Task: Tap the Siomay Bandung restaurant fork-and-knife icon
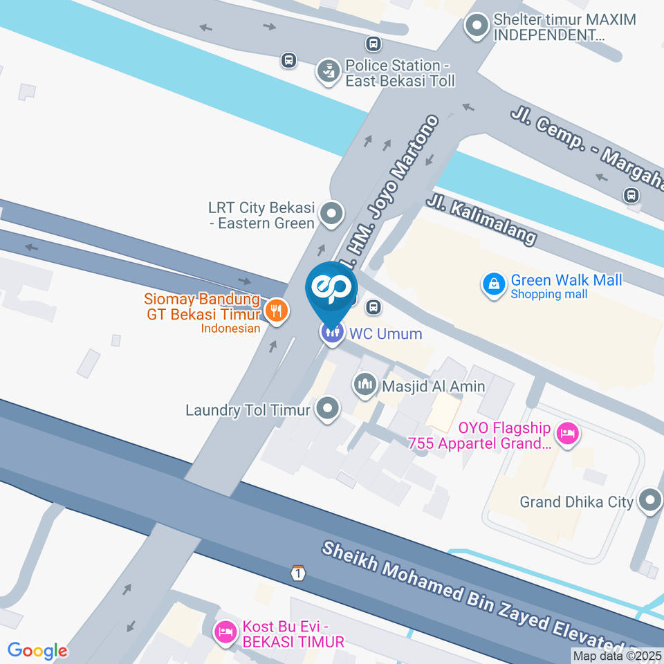[277, 311]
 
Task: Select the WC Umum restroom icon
[333, 333]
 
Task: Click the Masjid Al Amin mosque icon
[365, 385]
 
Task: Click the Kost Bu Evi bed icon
[225, 631]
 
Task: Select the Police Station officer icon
[326, 70]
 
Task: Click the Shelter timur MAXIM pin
[476, 27]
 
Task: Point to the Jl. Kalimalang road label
[481, 218]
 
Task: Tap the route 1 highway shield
[297, 573]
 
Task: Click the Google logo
[37, 650]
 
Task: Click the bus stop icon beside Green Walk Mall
[373, 306]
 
